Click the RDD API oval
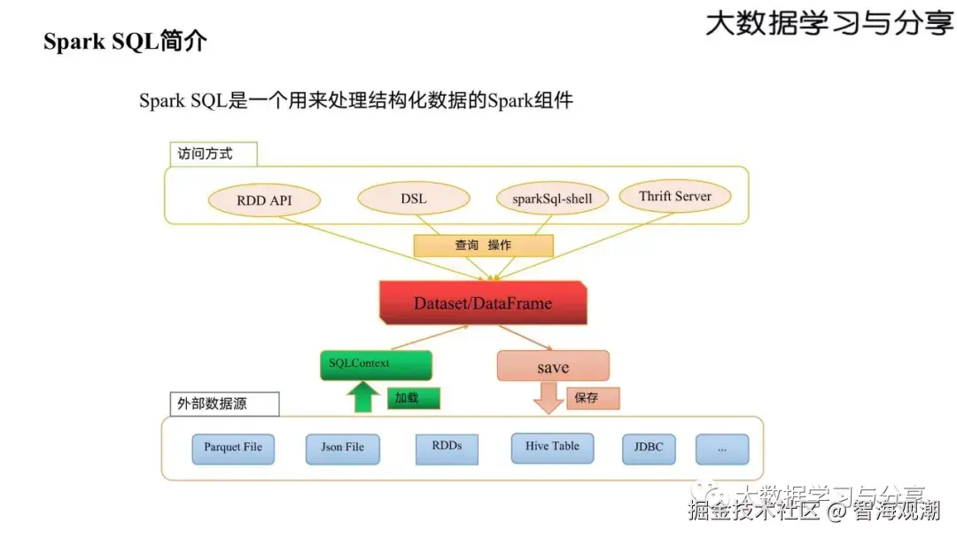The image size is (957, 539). click(x=264, y=199)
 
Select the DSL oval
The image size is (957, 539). click(x=414, y=199)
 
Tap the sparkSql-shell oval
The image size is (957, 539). click(x=552, y=199)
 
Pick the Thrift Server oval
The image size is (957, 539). click(x=675, y=197)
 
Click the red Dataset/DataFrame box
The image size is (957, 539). click(x=483, y=303)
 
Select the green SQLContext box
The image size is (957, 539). click(x=375, y=364)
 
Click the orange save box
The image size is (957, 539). click(x=553, y=366)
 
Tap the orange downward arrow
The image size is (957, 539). click(x=549, y=398)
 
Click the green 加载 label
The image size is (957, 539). click(x=413, y=398)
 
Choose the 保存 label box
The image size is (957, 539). click(x=593, y=398)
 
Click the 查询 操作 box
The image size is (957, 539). click(x=483, y=246)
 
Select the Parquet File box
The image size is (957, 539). click(x=233, y=448)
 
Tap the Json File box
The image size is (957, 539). click(x=343, y=448)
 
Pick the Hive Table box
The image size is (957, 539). click(x=552, y=447)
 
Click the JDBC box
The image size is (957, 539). click(x=649, y=448)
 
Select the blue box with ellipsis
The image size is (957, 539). click(x=722, y=449)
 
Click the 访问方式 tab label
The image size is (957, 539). click(x=213, y=153)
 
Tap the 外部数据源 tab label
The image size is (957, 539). click(x=222, y=404)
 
